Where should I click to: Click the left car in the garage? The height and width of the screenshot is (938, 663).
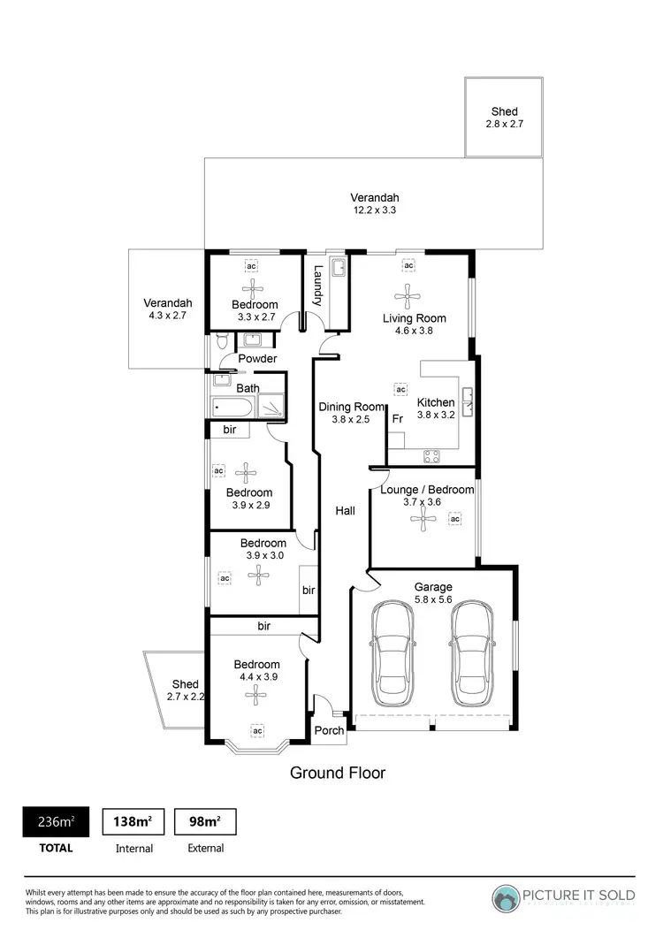click(391, 653)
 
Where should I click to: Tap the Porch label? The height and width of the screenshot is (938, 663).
click(329, 730)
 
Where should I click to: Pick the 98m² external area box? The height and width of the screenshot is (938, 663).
click(204, 821)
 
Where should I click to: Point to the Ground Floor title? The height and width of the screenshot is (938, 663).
click(338, 773)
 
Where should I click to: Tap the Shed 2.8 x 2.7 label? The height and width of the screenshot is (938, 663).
click(504, 118)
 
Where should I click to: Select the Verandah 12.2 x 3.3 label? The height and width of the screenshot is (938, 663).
click(374, 204)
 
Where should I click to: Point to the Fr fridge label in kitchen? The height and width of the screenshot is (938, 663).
click(397, 418)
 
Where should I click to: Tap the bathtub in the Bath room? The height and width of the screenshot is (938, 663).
click(232, 408)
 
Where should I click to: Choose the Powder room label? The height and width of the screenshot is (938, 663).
click(257, 359)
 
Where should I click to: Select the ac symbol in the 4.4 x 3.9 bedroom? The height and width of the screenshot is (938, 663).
click(257, 731)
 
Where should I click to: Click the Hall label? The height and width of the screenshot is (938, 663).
click(345, 510)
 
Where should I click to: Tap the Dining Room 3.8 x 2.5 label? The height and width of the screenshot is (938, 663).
click(352, 413)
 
